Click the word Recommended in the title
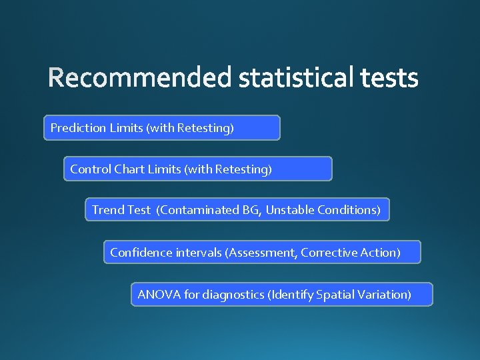tap(141, 79)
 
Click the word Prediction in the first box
tap(78, 127)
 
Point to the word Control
tap(91, 169)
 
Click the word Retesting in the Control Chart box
tap(243, 169)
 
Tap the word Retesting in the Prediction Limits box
tap(205, 127)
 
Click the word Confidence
tap(141, 253)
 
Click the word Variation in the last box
tap(383, 294)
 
